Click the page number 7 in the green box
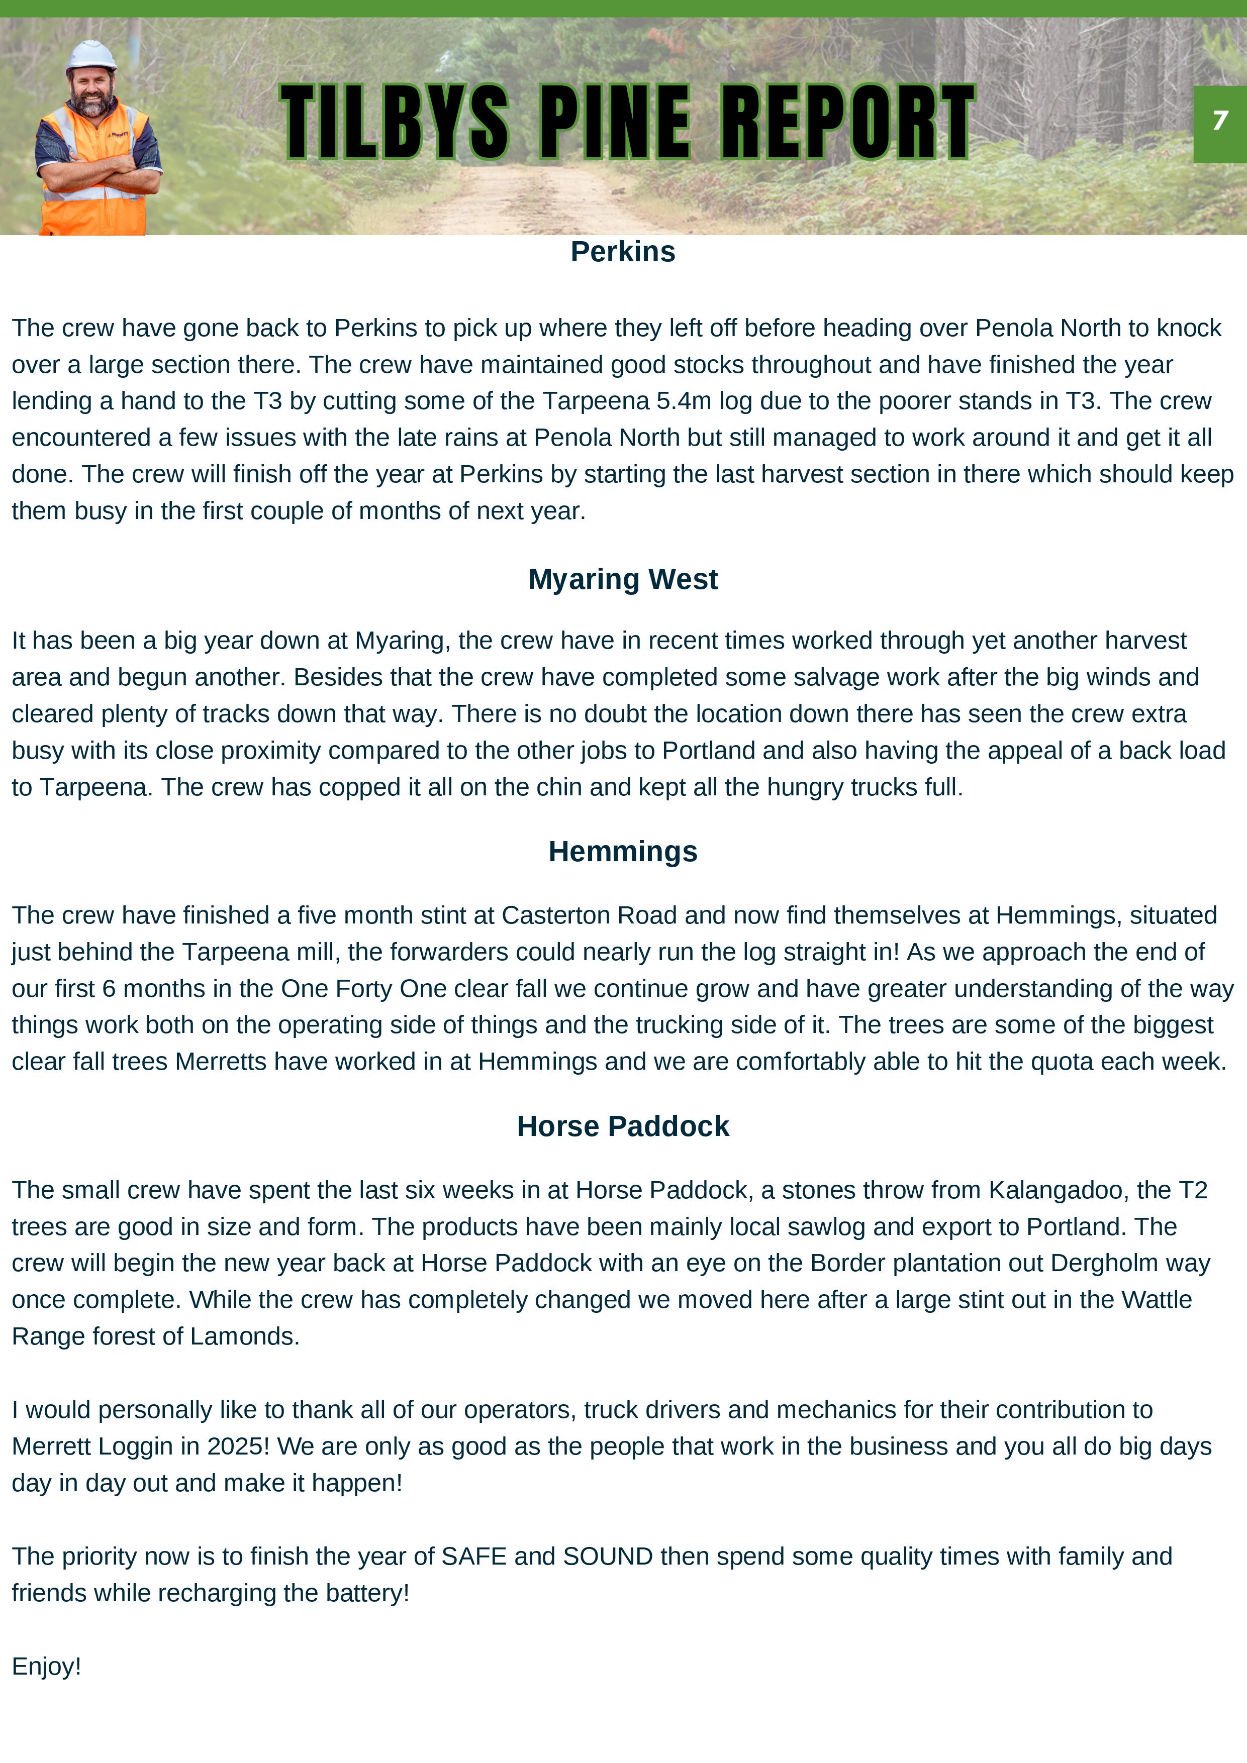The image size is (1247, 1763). (1219, 121)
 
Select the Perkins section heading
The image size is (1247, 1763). (622, 252)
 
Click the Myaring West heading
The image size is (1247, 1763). (622, 579)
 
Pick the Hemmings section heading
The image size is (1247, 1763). (622, 852)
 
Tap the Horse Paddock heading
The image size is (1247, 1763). (622, 1126)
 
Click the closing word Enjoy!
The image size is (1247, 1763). (46, 1666)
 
